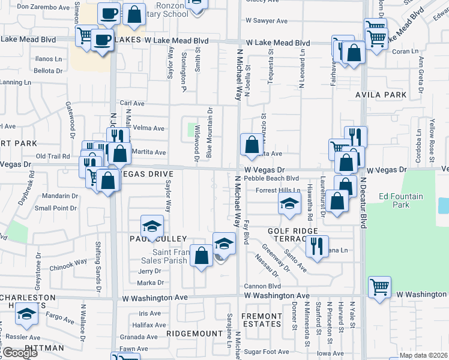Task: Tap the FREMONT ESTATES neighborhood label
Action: (261, 320)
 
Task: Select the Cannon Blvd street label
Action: (262, 286)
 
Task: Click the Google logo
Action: (20, 353)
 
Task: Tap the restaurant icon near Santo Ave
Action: (317, 245)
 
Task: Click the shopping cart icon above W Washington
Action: (379, 286)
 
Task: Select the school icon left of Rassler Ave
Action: (26, 314)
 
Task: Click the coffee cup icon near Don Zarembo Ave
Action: (109, 12)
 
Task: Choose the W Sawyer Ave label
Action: (266, 20)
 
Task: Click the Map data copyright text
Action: (424, 355)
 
